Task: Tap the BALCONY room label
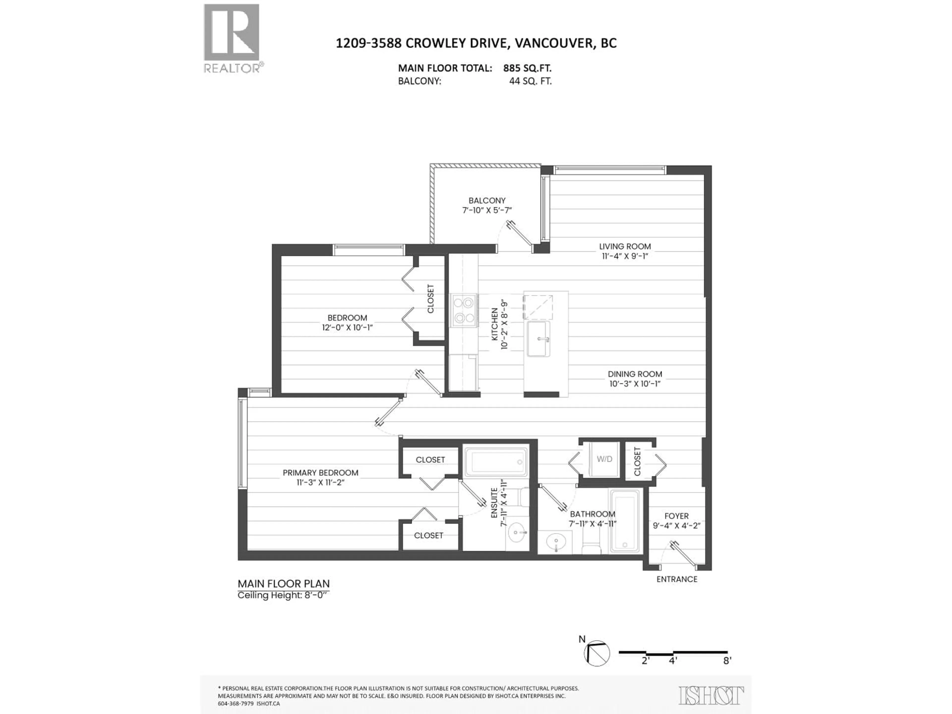pos(487,201)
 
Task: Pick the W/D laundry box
pos(604,459)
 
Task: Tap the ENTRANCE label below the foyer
pos(677,579)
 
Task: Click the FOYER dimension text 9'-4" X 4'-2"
pos(677,526)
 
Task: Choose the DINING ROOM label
pos(635,374)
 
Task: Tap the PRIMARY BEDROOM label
pos(320,473)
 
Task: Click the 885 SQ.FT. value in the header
pos(527,68)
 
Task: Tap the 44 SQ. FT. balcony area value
pos(530,81)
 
